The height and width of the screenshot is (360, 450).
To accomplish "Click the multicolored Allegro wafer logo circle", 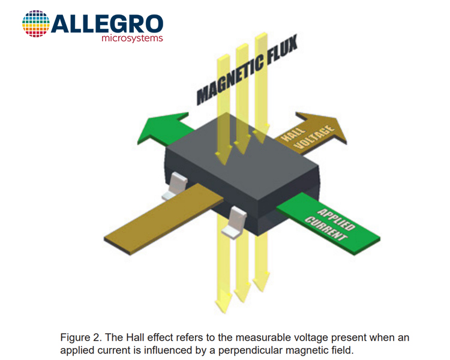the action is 35,23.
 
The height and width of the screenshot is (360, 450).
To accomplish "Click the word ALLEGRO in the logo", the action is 107,24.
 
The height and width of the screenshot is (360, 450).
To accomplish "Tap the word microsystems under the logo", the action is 133,38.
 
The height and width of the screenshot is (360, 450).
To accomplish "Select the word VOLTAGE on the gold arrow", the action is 314,137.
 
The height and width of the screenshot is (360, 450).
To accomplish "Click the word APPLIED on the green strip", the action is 336,220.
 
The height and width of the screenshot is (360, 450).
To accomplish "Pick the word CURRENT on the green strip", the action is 326,229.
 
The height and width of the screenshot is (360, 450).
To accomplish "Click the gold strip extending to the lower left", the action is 164,219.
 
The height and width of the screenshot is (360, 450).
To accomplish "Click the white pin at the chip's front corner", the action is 235,223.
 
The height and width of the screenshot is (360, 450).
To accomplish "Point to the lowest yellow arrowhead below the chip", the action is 224,303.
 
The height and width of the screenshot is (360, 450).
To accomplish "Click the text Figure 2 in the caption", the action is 81,338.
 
